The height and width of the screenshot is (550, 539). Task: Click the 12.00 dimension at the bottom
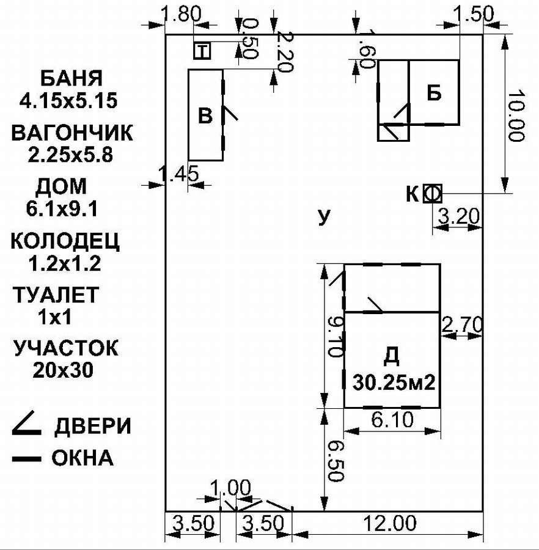pos(391,524)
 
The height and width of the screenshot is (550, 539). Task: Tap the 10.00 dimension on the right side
pos(516,116)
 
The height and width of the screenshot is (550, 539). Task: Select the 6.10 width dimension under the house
pos(391,420)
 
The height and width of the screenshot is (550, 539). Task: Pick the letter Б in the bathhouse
pos(434,93)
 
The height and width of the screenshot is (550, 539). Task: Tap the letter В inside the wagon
pos(206,116)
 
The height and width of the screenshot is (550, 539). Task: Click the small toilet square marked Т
pos(202,51)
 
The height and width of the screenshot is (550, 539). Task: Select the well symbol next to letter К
pos(433,194)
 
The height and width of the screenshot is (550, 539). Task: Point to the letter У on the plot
pos(324,217)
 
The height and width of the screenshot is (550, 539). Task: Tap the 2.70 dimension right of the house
pos(462,323)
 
